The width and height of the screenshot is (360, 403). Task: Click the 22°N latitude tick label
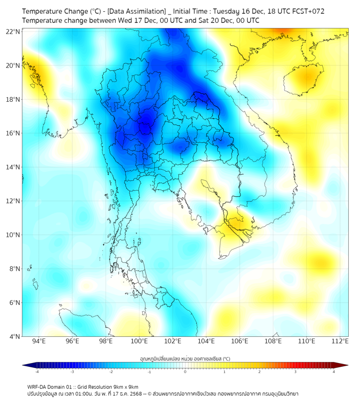[x=13, y=32]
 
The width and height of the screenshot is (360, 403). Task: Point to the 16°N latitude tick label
[x=13, y=133]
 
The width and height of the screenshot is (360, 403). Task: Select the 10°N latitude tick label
[x=13, y=235]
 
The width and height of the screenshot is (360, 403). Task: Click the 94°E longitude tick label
[x=39, y=342]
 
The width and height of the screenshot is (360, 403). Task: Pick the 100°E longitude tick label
[x=140, y=342]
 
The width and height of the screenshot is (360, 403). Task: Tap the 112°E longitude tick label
[x=340, y=342]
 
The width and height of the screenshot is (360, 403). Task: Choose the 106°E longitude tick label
[x=240, y=342]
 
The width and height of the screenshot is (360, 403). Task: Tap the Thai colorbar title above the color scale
[x=185, y=358]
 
